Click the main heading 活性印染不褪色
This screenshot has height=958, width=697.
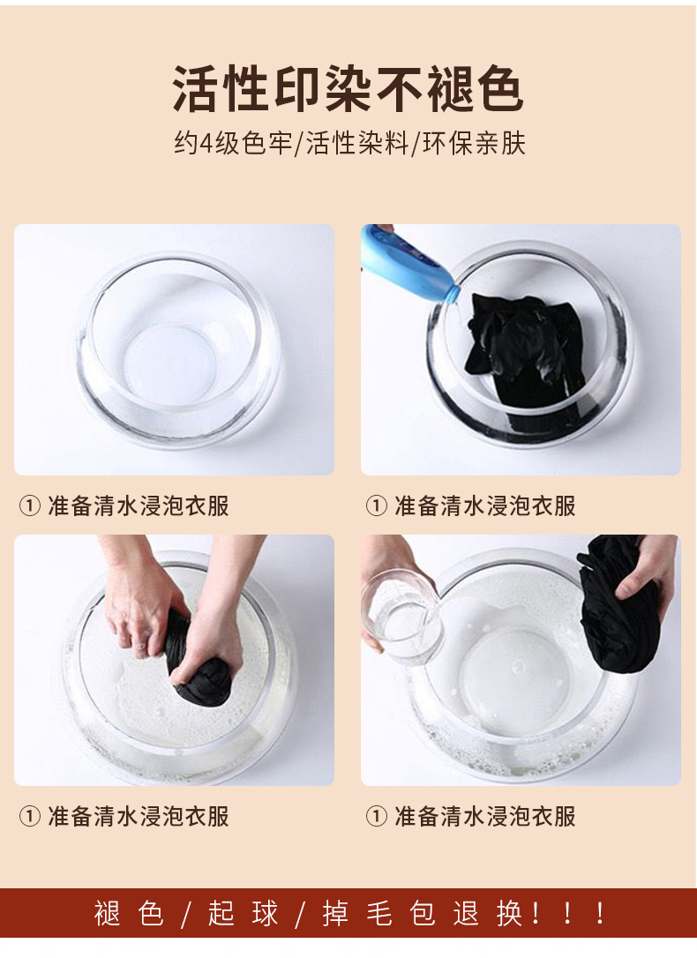point(348,89)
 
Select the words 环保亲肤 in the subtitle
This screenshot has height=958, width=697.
point(474,144)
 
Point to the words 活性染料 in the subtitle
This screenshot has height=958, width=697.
point(356,144)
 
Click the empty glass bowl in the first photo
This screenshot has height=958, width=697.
point(177,349)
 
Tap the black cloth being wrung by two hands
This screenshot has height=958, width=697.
point(194,666)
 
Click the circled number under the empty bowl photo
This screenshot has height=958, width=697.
point(30,505)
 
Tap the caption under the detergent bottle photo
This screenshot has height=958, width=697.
point(470,505)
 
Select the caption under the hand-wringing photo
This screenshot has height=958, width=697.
point(124,816)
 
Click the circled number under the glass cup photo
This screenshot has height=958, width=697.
point(377,816)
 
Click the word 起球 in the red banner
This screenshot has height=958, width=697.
point(243,914)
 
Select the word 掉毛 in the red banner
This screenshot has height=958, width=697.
point(357,914)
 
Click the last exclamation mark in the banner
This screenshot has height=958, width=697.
point(601,914)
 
